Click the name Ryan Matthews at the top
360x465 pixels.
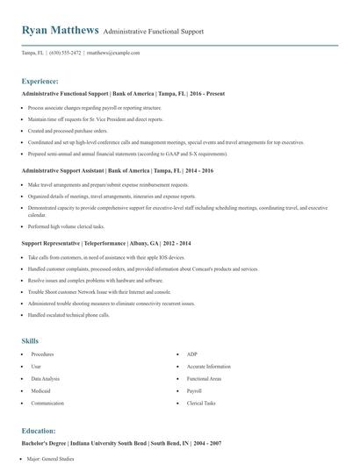click(x=60, y=30)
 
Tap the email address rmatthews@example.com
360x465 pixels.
click(x=113, y=53)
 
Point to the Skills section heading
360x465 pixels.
click(x=30, y=340)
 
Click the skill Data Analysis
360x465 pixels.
click(x=44, y=378)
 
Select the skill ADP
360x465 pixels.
click(x=191, y=354)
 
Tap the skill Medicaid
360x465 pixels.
click(x=40, y=390)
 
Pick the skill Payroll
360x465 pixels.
click(x=195, y=390)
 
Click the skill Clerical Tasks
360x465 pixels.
click(x=201, y=403)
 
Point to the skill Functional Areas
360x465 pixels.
click(x=203, y=378)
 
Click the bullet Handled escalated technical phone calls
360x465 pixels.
click(x=68, y=313)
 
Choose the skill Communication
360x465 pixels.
click(x=47, y=403)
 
